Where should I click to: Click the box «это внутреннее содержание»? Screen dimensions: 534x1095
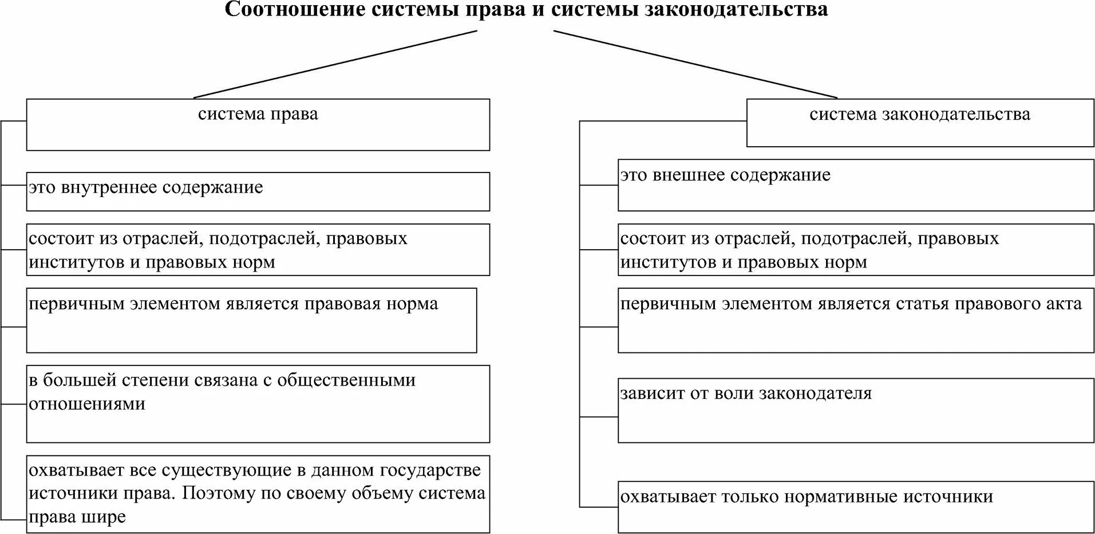click(258, 191)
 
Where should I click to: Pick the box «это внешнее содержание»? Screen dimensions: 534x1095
click(856, 185)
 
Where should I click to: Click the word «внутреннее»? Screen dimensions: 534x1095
click(109, 188)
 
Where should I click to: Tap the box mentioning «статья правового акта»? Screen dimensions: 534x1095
click(856, 320)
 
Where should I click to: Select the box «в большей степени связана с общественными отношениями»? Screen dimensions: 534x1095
click(258, 403)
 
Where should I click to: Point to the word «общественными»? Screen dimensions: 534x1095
click(346, 380)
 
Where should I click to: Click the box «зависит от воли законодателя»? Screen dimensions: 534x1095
click(856, 410)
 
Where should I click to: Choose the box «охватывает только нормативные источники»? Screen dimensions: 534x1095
click(856, 507)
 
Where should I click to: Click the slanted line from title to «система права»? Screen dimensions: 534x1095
click(335, 64)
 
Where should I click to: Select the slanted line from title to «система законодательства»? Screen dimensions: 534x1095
click(695, 64)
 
